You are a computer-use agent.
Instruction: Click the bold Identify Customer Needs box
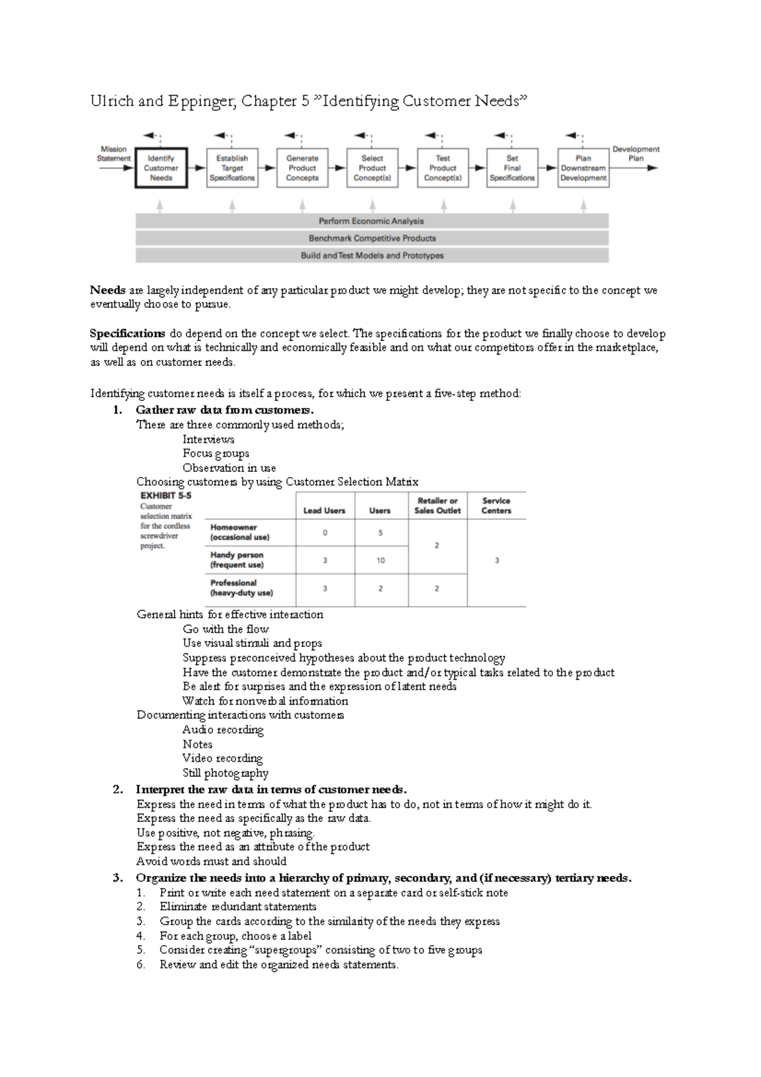[161, 168]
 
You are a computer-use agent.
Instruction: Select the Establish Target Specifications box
[232, 168]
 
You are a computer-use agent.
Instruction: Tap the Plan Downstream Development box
[583, 168]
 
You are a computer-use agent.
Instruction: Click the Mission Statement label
[114, 154]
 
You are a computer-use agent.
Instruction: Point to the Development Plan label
[635, 153]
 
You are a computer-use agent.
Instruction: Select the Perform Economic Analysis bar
[372, 221]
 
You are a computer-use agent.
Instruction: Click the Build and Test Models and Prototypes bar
[372, 256]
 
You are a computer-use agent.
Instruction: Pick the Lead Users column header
[324, 511]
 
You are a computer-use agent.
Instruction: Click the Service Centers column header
[496, 506]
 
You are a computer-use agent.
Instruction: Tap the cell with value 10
[380, 561]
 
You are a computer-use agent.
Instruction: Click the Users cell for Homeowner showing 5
[380, 533]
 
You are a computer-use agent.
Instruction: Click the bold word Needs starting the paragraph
[107, 290]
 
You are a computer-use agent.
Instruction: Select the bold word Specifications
[127, 334]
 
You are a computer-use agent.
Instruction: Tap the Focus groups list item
[216, 454]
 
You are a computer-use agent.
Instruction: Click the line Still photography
[225, 773]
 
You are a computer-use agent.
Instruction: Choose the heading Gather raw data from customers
[224, 410]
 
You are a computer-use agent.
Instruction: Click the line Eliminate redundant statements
[238, 907]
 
